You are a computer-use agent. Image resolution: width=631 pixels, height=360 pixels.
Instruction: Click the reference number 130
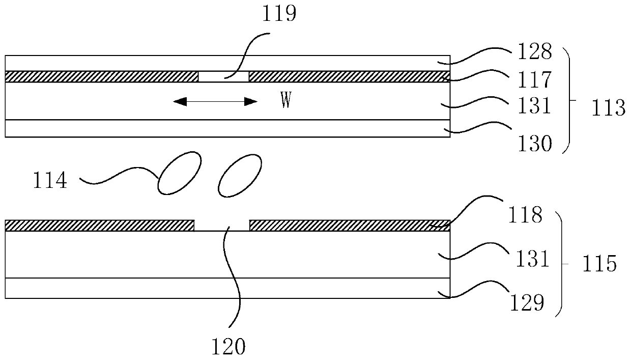pos(534,145)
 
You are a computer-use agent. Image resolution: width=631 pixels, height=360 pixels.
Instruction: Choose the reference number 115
pos(598,264)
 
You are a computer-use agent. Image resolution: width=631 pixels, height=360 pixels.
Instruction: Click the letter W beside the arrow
pos(286,101)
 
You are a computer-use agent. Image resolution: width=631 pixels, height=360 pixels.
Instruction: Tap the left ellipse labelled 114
pos(178,173)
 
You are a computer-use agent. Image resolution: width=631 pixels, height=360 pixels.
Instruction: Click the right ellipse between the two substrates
pos(239,175)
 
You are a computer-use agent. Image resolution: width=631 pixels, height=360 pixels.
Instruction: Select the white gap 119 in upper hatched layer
pos(223,76)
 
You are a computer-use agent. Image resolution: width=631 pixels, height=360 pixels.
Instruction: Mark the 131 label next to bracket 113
pos(534,106)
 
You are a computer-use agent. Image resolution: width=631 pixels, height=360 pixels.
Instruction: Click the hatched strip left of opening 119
pos(101,76)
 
